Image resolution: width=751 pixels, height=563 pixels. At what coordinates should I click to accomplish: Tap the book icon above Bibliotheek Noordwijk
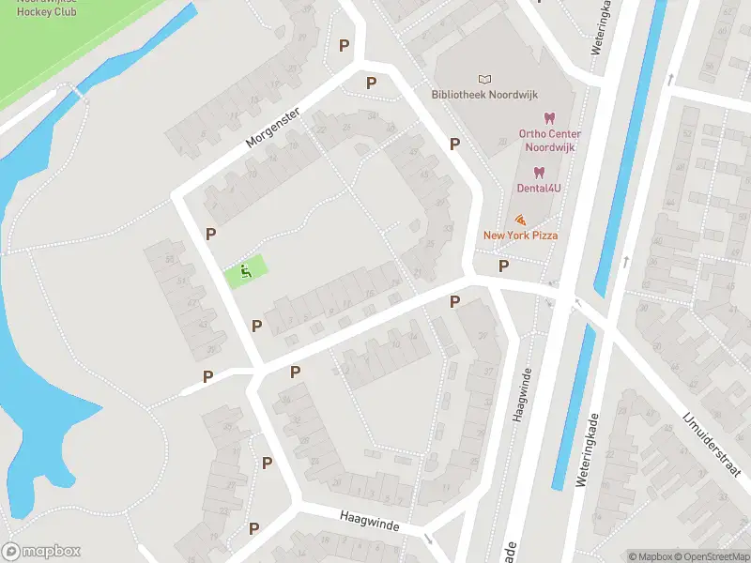(x=484, y=79)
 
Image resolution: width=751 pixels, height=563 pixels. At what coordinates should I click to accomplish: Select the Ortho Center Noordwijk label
(x=549, y=140)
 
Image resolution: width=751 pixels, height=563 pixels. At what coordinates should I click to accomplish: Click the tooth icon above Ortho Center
(x=550, y=118)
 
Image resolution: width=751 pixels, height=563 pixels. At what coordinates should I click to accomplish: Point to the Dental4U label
(x=539, y=188)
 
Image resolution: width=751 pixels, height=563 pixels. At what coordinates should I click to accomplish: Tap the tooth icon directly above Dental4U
(x=539, y=172)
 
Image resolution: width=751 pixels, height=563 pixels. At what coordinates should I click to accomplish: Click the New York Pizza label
(x=520, y=235)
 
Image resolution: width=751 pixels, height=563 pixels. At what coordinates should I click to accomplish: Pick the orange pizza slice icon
(x=520, y=219)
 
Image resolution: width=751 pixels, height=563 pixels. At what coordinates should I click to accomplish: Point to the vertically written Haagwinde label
(x=517, y=394)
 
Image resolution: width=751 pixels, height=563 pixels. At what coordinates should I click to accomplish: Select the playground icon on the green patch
(x=246, y=273)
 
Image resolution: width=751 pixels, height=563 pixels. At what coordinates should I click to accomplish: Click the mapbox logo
(x=41, y=552)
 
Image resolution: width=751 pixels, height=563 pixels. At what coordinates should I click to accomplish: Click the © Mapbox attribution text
(x=650, y=556)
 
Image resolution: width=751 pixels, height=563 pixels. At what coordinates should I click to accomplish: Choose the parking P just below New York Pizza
(x=503, y=266)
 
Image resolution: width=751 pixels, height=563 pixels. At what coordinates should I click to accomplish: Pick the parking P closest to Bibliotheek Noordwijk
(x=454, y=144)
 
